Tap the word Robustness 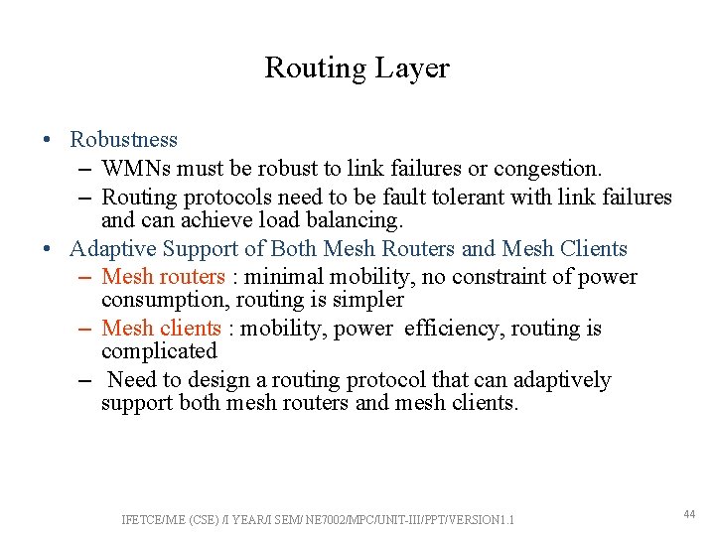click(123, 140)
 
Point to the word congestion click(553, 169)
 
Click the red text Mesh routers click(163, 277)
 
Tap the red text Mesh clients click(161, 329)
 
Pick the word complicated click(159, 351)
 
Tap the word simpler click(370, 300)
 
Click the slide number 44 click(689, 513)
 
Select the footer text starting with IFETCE click(318, 519)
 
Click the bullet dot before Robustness click(48, 141)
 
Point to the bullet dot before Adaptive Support click(48, 250)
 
